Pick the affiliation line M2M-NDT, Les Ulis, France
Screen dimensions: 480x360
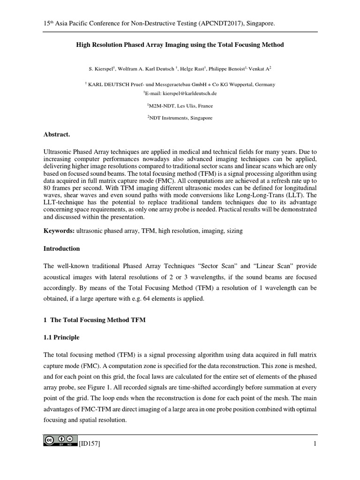point(180,106)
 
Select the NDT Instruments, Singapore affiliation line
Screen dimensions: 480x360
point(180,118)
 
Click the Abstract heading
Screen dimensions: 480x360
point(56,135)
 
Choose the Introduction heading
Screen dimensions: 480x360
point(61,248)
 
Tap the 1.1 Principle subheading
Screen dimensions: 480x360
point(61,337)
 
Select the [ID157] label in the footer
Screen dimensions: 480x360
point(85,444)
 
